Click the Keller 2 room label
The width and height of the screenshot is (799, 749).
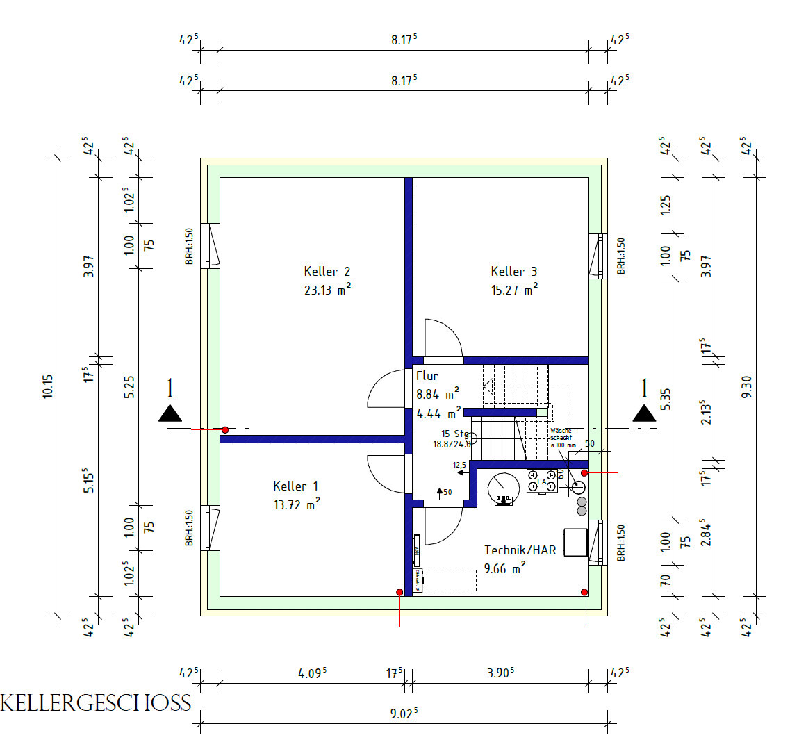pyautogui.click(x=327, y=272)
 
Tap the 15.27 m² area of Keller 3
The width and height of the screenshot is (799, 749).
pyautogui.click(x=513, y=290)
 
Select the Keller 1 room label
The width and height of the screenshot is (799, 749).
pyautogui.click(x=295, y=486)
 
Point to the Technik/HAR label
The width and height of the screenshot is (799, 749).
pyautogui.click(x=520, y=550)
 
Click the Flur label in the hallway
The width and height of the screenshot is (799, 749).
pyautogui.click(x=427, y=376)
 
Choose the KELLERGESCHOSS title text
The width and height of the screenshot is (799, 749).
pyautogui.click(x=96, y=703)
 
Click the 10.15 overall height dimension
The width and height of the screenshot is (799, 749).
pyautogui.click(x=47, y=386)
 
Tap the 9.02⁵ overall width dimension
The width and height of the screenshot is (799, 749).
pyautogui.click(x=403, y=714)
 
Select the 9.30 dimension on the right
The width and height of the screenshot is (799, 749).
pyautogui.click(x=746, y=386)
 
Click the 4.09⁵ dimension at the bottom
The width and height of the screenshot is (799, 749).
pyautogui.click(x=312, y=673)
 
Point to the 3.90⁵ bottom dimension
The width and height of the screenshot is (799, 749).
pyautogui.click(x=500, y=673)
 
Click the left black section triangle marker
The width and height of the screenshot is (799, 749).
pyautogui.click(x=170, y=413)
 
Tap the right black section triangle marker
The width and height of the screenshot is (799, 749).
pyautogui.click(x=644, y=413)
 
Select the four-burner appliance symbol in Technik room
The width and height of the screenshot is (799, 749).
pyautogui.click(x=542, y=481)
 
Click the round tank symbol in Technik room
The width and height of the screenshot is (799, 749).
pyautogui.click(x=504, y=488)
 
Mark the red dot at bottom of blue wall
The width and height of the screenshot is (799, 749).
pyautogui.click(x=400, y=592)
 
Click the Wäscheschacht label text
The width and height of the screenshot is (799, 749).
pyautogui.click(x=562, y=435)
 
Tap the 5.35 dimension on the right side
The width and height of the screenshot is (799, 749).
pyautogui.click(x=665, y=398)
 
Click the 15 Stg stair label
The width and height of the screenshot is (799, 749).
pyautogui.click(x=455, y=434)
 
